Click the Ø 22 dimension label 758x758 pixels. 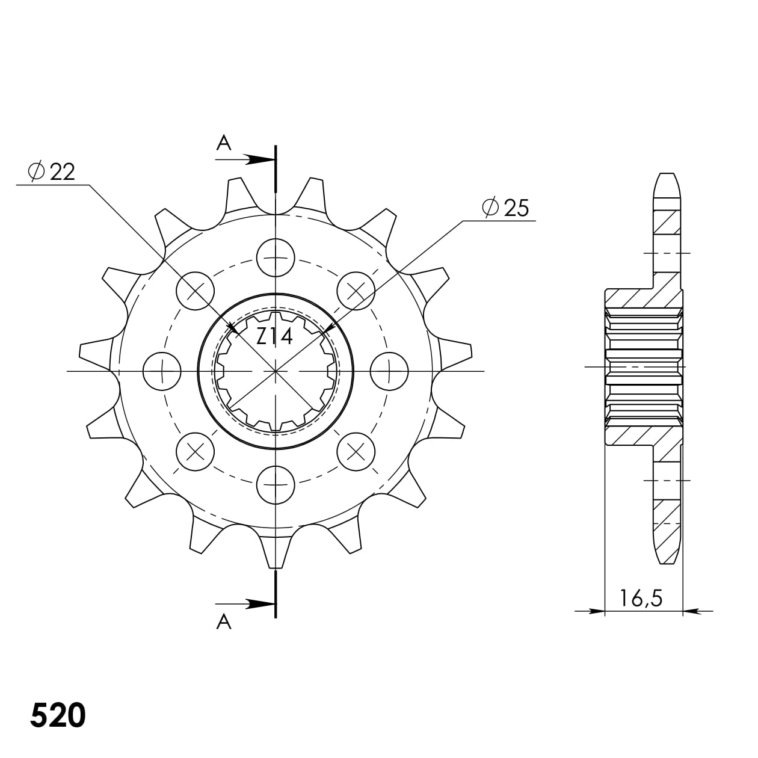(52, 172)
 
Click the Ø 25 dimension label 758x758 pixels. (505, 208)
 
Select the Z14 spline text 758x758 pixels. (274, 336)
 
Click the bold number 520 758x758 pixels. (58, 716)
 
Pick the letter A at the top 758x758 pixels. (224, 143)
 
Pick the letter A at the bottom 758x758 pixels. (224, 622)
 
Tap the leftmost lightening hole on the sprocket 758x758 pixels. (162, 371)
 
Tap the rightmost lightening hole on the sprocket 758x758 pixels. (389, 371)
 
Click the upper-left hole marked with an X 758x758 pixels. (196, 292)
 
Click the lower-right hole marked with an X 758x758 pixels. (356, 451)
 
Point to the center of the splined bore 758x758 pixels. (276, 371)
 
